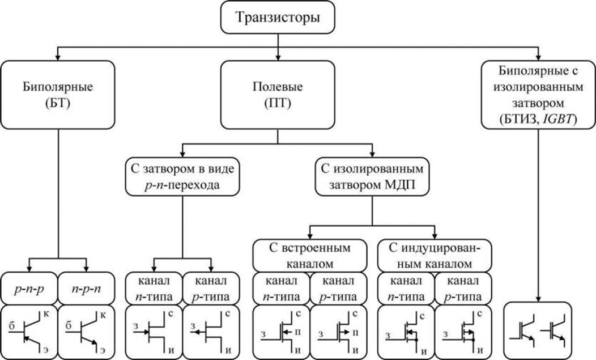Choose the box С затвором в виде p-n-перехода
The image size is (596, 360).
click(181, 176)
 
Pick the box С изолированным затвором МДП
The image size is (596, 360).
click(372, 176)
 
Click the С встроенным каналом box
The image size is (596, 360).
click(309, 256)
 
